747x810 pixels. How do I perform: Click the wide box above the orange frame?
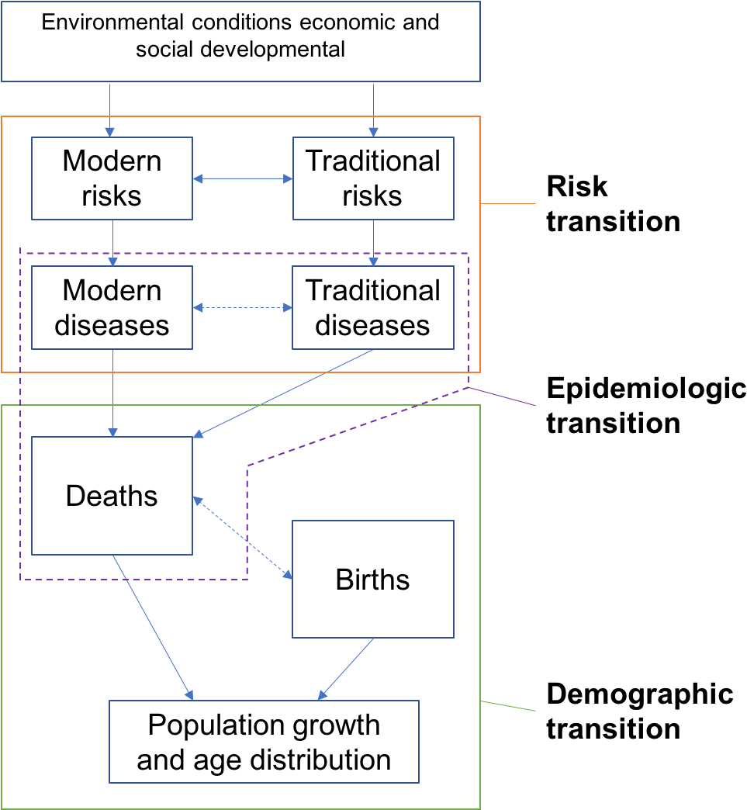pos(240,41)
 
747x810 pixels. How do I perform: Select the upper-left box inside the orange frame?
pos(112,178)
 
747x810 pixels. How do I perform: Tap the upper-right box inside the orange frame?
pos(373,178)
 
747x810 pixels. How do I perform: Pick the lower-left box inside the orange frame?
pos(112,307)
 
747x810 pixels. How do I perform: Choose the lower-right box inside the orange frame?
pos(373,307)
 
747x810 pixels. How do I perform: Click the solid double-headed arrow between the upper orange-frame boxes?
pos(243,179)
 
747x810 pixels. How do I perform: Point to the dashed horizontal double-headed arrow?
pos(243,308)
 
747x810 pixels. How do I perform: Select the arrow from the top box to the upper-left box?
pos(109,109)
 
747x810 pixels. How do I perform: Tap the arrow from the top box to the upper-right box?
pos(373,109)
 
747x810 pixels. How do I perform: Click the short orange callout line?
pos(508,204)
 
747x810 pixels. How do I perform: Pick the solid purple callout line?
pos(502,396)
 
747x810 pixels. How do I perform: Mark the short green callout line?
pos(508,706)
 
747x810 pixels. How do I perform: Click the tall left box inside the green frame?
pos(112,496)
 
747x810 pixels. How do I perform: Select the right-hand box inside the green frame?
pos(373,579)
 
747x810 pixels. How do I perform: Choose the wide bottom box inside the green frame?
pos(264,742)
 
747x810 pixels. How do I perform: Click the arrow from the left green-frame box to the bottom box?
pos(152,627)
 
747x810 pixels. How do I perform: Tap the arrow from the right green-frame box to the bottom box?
pos(346,669)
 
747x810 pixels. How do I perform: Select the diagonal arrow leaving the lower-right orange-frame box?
pos(283,393)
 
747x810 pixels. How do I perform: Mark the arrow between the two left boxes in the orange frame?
pos(112,243)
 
